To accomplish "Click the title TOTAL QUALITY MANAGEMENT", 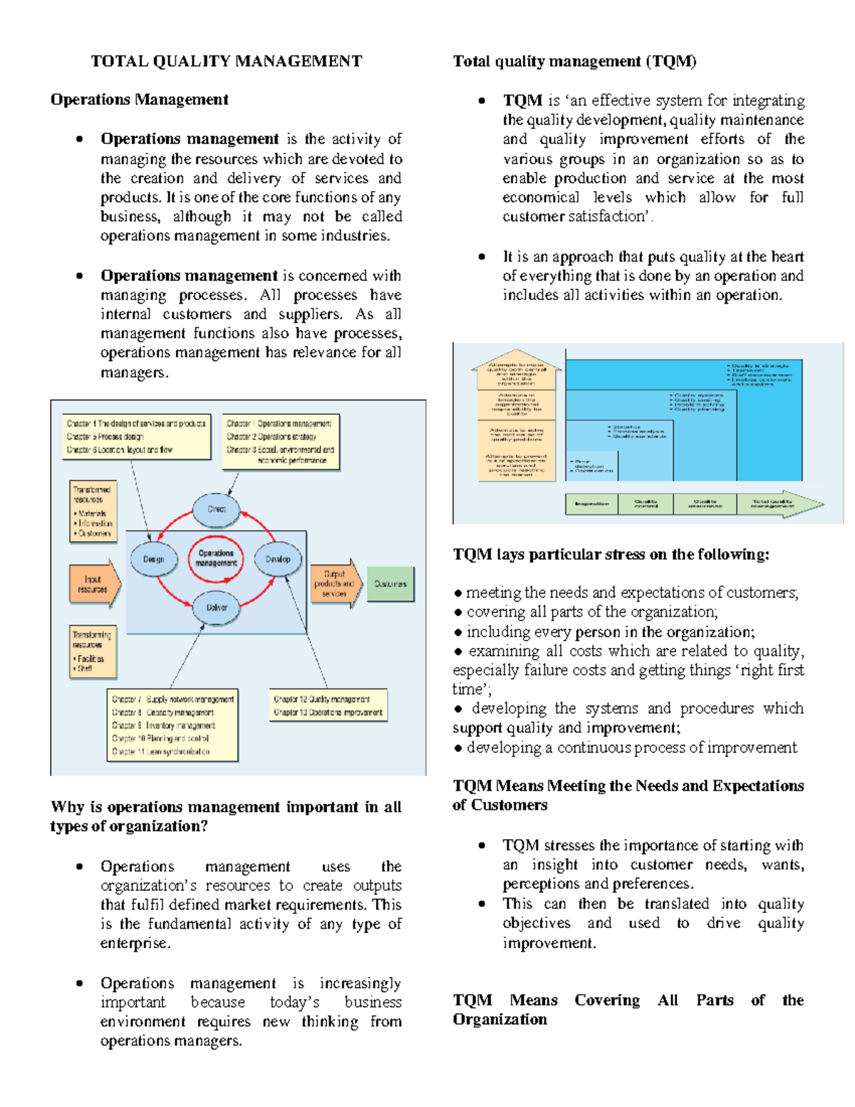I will click(x=226, y=61).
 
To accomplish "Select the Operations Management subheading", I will click(x=139, y=100).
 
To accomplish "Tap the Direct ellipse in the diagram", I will click(x=217, y=509).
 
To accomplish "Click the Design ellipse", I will click(x=153, y=560).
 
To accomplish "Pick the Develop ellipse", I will click(x=278, y=560).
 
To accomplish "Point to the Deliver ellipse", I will click(x=217, y=607).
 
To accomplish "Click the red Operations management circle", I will click(x=216, y=558).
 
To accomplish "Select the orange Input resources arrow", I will click(x=93, y=585).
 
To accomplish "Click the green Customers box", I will click(x=390, y=584).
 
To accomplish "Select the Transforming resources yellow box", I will click(x=93, y=649).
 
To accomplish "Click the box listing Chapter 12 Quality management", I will click(x=328, y=706).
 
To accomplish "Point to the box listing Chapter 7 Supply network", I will click(x=172, y=725).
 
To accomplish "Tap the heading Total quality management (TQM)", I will click(x=574, y=61).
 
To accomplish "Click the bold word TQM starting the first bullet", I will click(x=522, y=101).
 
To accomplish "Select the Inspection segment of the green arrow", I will click(x=591, y=504).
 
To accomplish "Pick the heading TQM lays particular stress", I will click(x=611, y=555).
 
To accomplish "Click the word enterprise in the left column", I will click(x=134, y=944).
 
